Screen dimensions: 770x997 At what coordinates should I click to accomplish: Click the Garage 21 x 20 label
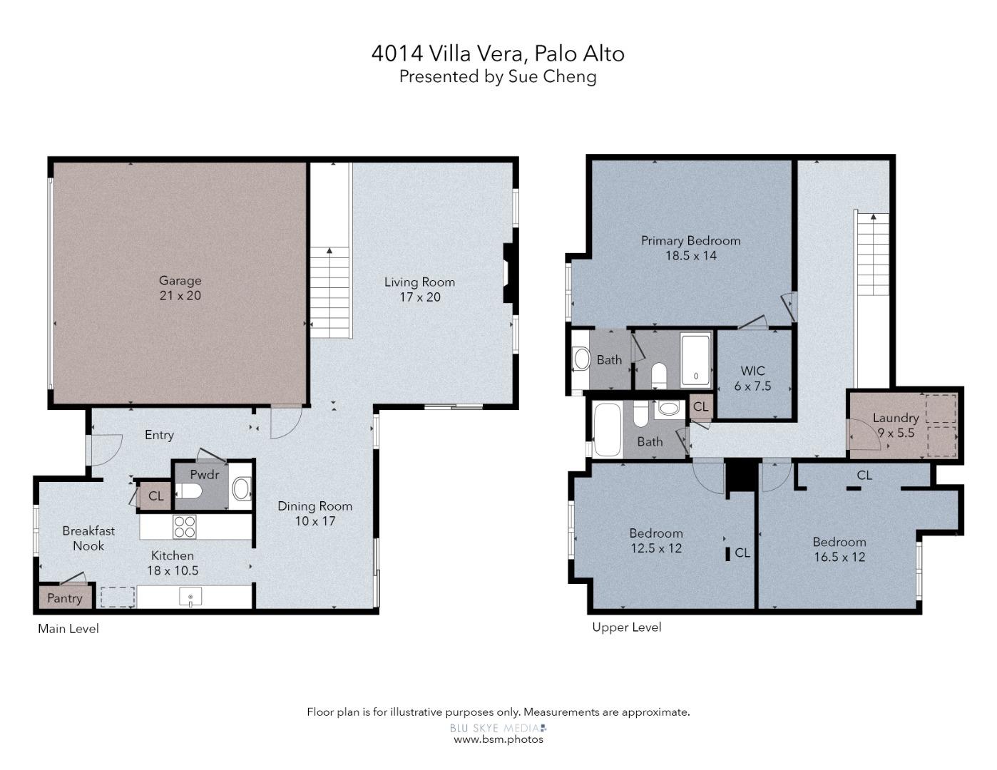pos(180,288)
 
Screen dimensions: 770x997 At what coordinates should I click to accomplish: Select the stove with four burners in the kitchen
pos(185,527)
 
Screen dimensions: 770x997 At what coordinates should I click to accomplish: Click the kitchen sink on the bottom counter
pos(190,597)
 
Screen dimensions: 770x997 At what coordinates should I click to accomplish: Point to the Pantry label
pos(64,598)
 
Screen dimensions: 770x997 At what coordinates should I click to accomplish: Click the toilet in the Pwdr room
pos(191,491)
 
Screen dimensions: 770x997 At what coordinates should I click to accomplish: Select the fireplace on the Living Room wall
pos(508,274)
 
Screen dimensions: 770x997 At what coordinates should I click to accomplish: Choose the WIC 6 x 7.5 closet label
pos(752,378)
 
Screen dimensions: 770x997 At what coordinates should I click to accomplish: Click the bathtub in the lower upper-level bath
pos(608,429)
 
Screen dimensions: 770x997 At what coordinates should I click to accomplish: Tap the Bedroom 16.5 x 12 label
pos(839,549)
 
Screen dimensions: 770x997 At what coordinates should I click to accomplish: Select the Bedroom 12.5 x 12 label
pos(655,540)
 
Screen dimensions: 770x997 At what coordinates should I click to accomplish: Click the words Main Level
pos(68,629)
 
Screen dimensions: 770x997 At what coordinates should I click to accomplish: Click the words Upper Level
pos(626,627)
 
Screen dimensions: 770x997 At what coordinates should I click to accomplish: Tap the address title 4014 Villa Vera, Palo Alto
pos(498,53)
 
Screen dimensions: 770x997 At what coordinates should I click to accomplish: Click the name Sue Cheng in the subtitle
pos(552,76)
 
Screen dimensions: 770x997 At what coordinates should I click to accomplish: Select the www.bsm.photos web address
pos(498,739)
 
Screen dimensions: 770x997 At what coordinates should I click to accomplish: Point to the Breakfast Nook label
pos(88,538)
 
